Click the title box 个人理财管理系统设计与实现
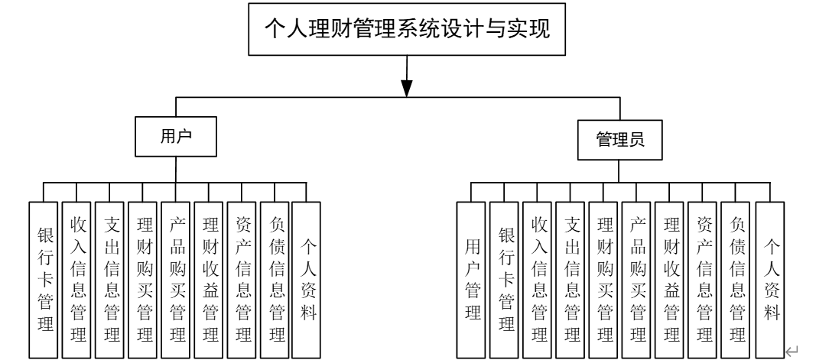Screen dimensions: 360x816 407,31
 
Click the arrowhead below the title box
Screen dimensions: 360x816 407,86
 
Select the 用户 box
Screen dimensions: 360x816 175,138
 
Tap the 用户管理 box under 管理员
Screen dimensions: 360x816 472,279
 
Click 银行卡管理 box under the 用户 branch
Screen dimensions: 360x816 44,279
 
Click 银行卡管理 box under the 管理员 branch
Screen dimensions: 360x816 505,279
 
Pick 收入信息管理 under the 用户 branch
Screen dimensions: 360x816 77,279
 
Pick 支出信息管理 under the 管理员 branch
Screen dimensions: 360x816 571,279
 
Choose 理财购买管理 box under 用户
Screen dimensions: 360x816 143,279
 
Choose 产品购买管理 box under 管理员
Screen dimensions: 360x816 636,279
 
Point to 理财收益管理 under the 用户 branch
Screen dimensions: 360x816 209,279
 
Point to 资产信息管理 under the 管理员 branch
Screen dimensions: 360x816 702,279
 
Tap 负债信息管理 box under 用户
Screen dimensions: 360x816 275,279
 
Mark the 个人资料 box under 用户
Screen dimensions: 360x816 307,279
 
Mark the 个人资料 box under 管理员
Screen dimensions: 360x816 769,279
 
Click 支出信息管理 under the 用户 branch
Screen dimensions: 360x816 110,279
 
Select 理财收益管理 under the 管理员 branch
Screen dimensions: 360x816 669,279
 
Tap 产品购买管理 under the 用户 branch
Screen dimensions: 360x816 176,279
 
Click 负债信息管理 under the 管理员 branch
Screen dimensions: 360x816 735,279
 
